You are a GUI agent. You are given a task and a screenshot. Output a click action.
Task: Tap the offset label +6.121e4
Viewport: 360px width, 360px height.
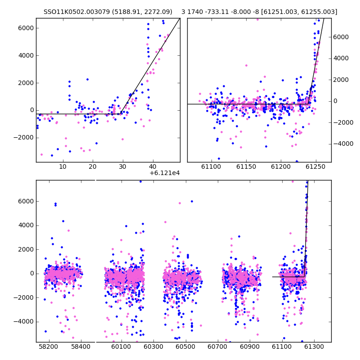pos(165,173)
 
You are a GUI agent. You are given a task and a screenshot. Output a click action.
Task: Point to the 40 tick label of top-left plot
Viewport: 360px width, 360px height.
pos(153,166)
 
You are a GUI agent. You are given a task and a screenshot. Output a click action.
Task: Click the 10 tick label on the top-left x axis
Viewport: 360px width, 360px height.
pos(63,166)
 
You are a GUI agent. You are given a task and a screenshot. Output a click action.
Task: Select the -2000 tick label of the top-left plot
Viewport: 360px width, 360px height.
pos(24,138)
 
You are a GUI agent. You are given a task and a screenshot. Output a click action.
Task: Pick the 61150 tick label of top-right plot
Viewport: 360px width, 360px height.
pos(246,166)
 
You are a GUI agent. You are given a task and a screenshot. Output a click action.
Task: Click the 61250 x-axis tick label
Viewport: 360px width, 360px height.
pos(316,166)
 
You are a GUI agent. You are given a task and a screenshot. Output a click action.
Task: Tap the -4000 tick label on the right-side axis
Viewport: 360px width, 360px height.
pos(343,144)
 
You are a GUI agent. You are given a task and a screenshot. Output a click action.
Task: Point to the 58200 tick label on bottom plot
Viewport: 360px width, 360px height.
pos(49,346)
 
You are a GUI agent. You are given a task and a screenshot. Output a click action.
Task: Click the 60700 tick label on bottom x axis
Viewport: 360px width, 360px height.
pos(217,346)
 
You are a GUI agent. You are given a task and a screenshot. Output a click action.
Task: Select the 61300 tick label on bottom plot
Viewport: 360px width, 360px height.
pos(314,346)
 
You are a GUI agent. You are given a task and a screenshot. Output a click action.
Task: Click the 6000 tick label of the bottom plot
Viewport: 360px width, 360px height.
pos(26,201)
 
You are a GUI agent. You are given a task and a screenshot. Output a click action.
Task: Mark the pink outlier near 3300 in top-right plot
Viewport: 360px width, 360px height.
pos(246,65)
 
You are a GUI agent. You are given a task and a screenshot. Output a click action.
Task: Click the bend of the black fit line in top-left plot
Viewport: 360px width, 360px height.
pos(120,114)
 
